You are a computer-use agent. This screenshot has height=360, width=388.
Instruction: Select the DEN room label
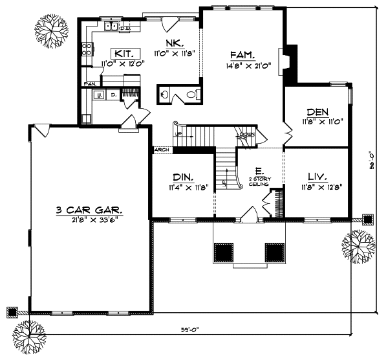point(317,111)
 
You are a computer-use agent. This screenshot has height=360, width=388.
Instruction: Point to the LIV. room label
point(317,176)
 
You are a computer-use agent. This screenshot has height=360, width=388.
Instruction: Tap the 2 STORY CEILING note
point(259,181)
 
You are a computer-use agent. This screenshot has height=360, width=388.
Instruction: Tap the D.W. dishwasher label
point(125,28)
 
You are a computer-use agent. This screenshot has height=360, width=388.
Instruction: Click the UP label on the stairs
point(180,134)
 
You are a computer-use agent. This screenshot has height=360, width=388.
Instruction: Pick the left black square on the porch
point(224,251)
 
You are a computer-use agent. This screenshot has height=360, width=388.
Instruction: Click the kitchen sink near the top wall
point(111,27)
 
